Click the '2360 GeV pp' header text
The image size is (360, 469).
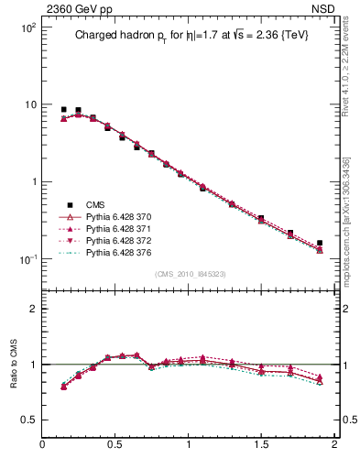tap(74, 9)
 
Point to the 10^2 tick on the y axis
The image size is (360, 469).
tap(28, 28)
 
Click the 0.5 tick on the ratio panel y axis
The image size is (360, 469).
tap(27, 420)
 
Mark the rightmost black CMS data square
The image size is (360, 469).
tap(320, 244)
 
